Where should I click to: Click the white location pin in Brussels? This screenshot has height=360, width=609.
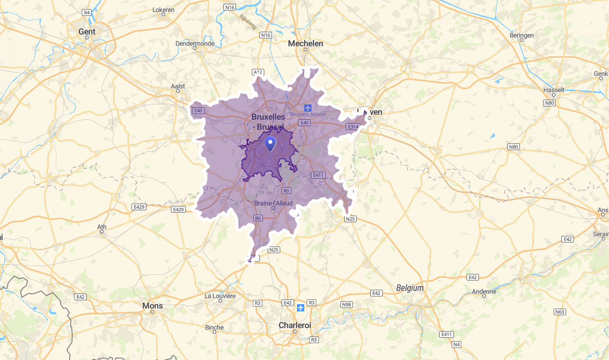[x=271, y=143]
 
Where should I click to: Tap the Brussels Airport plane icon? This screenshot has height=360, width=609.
[x=308, y=108]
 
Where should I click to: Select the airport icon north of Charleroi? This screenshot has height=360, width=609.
[x=301, y=308]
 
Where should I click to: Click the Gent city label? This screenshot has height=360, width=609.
[x=87, y=32]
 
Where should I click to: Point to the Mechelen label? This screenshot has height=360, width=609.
[x=305, y=43]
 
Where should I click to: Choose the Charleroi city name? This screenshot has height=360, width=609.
[x=295, y=325]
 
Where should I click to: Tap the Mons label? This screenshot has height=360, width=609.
[x=153, y=306]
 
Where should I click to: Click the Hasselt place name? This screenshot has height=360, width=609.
[x=553, y=90]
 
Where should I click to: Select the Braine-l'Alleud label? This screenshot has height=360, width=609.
[x=273, y=203]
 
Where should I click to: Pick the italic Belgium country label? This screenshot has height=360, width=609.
[x=410, y=288]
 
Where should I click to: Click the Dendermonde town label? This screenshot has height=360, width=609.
[x=195, y=43]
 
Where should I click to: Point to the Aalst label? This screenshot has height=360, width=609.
[x=178, y=86]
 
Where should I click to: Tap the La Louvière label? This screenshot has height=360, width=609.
[x=220, y=296]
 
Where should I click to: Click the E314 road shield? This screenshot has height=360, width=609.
[x=353, y=127]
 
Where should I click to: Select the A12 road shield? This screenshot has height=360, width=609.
[x=258, y=72]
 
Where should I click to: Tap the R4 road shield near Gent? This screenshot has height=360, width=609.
[x=87, y=12]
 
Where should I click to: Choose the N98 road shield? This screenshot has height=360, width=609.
[x=347, y=305]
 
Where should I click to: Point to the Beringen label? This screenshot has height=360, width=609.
[x=522, y=35]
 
